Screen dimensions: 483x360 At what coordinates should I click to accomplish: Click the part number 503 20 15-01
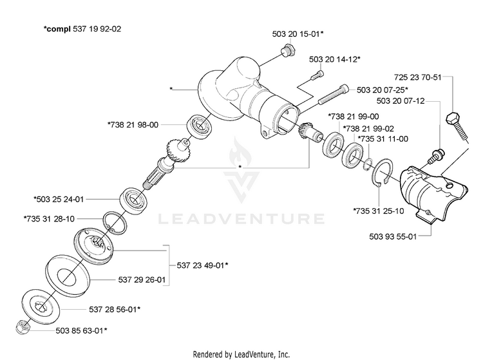tap(296, 34)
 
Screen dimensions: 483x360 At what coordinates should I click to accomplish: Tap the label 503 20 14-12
tap(333, 59)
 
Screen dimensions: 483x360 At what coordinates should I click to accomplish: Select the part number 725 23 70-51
tap(418, 77)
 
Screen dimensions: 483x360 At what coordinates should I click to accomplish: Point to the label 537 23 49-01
tap(200, 265)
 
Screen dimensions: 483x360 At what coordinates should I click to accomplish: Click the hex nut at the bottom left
tap(23, 328)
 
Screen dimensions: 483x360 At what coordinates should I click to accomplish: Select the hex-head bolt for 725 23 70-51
tap(457, 126)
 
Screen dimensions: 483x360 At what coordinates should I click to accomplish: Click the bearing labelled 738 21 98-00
tap(200, 126)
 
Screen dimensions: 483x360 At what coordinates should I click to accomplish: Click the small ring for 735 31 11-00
tap(368, 164)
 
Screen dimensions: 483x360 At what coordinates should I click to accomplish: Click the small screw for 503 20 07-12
tap(437, 156)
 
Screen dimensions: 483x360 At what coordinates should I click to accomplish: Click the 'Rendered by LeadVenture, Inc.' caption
tap(241, 354)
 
